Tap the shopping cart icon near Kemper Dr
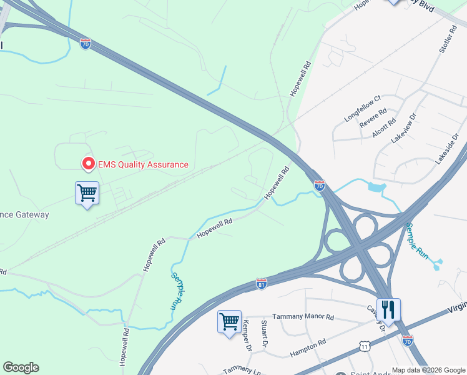(x=229, y=322)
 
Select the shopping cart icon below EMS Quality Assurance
(x=87, y=193)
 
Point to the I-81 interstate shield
(x=262, y=284)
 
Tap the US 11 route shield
(x=365, y=346)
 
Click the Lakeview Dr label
(x=403, y=128)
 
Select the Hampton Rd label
(x=308, y=348)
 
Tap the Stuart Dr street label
(x=265, y=334)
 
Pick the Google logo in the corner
(x=21, y=367)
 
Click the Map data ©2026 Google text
(x=428, y=370)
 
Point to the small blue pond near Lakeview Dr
(x=376, y=186)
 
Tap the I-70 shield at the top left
(x=86, y=44)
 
